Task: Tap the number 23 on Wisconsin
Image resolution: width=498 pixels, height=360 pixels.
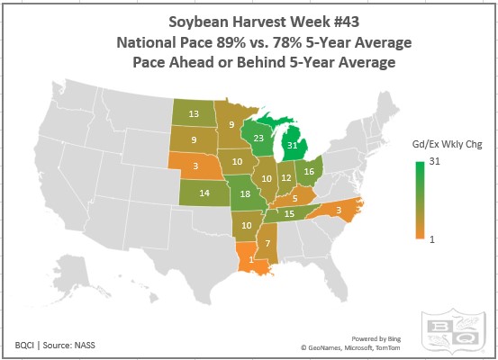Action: coord(258,139)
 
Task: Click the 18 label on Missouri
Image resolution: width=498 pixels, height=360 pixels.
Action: coord(245,194)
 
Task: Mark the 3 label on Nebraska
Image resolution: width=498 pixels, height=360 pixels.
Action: coord(195,166)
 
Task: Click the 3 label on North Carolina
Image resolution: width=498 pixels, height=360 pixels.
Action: coord(338,210)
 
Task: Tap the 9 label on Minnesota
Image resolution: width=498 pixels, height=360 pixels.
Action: coord(231,125)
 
